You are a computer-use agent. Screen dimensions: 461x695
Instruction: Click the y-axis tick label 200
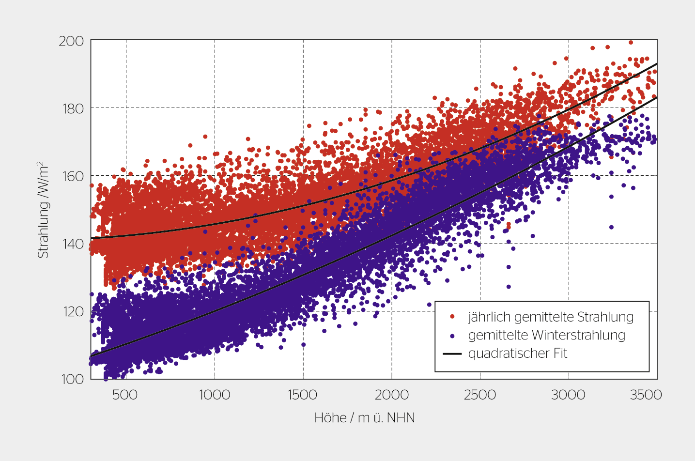tap(71, 41)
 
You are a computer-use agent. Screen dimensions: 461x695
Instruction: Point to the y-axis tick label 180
tap(73, 108)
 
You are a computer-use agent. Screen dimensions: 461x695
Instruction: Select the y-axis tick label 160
tap(73, 176)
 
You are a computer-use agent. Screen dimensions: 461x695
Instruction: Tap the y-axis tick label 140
tap(73, 244)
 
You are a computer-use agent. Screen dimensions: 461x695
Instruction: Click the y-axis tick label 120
tap(73, 311)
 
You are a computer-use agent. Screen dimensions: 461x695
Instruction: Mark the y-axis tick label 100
tap(73, 379)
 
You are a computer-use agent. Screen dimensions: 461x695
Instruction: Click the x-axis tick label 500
tap(125, 395)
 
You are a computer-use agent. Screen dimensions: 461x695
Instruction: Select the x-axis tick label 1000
tap(215, 395)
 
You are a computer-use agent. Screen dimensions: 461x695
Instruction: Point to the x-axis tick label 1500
tap(303, 395)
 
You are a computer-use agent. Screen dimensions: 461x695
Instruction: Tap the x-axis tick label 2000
tap(391, 395)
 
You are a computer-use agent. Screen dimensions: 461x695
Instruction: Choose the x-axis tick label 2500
tap(480, 395)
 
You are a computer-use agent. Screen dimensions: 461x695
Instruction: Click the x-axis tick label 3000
tap(568, 395)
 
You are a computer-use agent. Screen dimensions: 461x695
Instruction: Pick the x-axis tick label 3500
tap(646, 395)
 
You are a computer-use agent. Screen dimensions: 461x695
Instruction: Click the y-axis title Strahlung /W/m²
tap(43, 210)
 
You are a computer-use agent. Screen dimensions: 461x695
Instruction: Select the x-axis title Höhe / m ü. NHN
tap(364, 418)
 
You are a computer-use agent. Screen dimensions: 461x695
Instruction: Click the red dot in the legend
tap(452, 317)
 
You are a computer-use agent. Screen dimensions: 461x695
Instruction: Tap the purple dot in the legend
tap(452, 335)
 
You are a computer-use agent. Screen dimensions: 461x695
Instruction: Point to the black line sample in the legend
tap(452, 353)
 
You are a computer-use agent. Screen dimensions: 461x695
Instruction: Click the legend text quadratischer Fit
tap(517, 353)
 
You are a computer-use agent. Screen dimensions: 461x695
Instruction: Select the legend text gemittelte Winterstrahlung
tap(546, 335)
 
